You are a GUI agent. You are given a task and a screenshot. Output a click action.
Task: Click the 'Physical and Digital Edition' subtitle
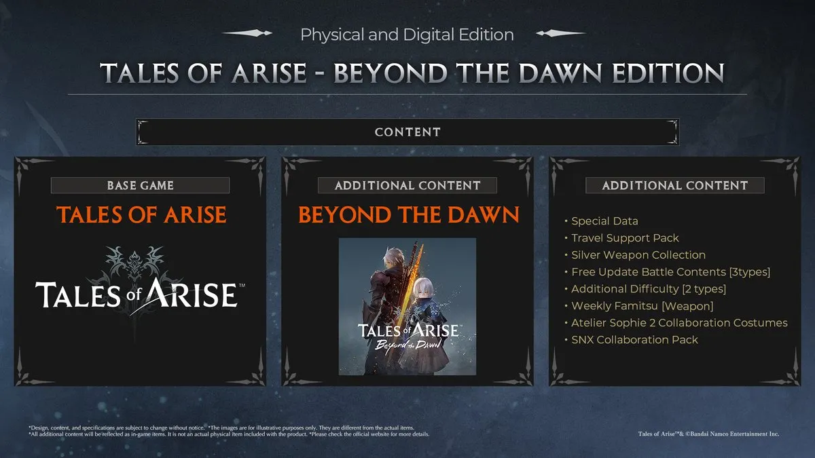pyautogui.click(x=407, y=33)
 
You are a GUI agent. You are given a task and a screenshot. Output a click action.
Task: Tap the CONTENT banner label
pyautogui.click(x=407, y=132)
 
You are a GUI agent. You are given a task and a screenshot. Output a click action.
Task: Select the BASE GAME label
pyautogui.click(x=140, y=185)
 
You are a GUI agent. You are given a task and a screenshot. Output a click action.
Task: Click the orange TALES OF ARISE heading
pyautogui.click(x=141, y=215)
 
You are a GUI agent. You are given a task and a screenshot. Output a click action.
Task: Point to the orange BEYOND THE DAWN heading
pyautogui.click(x=408, y=215)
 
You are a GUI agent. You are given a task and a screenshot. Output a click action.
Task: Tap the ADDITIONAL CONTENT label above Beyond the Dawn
pyautogui.click(x=407, y=185)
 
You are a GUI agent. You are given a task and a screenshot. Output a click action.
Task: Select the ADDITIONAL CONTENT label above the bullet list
pyautogui.click(x=674, y=185)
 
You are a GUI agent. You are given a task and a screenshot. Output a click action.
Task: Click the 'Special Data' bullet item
pyautogui.click(x=604, y=221)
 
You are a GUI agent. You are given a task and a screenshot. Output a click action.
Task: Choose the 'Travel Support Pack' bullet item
pyautogui.click(x=625, y=238)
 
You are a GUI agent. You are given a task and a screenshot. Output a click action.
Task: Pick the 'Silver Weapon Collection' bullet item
pyautogui.click(x=638, y=255)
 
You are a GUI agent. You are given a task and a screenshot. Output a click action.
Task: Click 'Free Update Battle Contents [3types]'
pyautogui.click(x=670, y=272)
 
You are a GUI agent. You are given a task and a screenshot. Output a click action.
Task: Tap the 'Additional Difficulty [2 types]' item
pyautogui.click(x=649, y=289)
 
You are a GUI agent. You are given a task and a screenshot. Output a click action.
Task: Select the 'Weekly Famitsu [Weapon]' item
pyautogui.click(x=642, y=306)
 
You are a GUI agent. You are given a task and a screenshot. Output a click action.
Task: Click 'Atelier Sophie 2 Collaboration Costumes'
pyautogui.click(x=679, y=323)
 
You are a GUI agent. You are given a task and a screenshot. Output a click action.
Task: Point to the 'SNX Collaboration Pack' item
pyautogui.click(x=634, y=340)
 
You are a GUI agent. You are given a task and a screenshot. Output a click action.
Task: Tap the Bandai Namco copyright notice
pyautogui.click(x=708, y=433)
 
